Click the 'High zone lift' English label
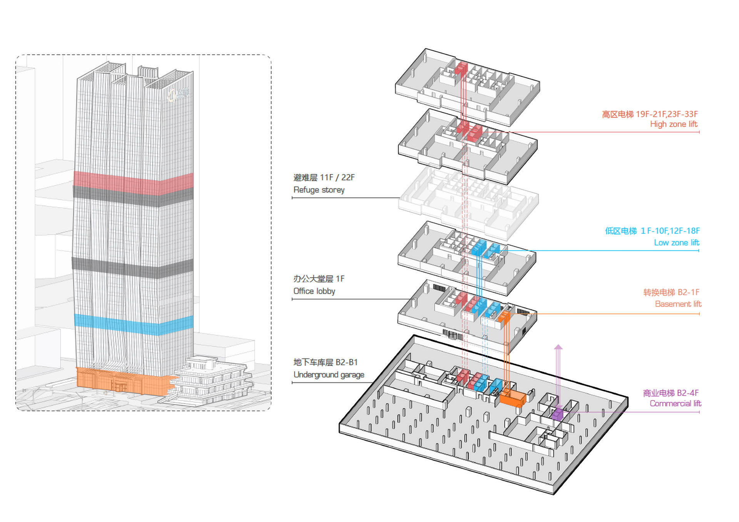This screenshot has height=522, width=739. coord(674,124)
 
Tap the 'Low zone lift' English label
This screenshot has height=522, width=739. coord(676,243)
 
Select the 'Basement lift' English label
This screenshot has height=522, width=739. coord(678,304)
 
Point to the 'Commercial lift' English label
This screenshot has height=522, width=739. coord(675,404)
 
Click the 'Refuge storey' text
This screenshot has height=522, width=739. coord(319,190)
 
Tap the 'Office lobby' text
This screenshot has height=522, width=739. coord(314,291)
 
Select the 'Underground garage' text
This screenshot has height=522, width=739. coord(329,375)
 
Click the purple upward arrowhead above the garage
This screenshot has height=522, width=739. coord(558,347)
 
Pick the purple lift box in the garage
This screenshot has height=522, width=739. coord(557,414)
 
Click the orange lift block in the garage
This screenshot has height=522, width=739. coord(513,398)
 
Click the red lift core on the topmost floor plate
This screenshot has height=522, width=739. coord(460,68)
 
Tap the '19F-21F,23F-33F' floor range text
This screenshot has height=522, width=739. coord(667,114)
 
